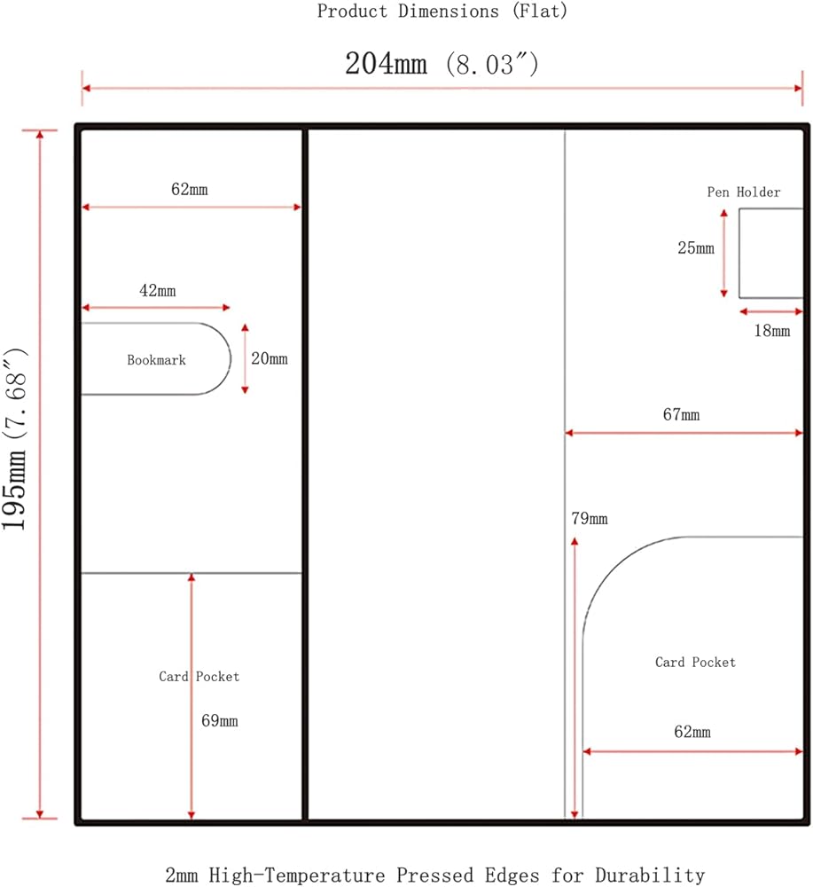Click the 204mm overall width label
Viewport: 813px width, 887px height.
pyautogui.click(x=387, y=63)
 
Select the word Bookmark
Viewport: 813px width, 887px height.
pyautogui.click(x=156, y=360)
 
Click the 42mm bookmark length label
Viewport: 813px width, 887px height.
pyautogui.click(x=158, y=291)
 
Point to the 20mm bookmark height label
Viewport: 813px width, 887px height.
pyautogui.click(x=270, y=358)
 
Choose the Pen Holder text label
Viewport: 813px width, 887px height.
pyautogui.click(x=744, y=192)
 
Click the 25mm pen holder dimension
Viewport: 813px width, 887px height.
pyautogui.click(x=696, y=247)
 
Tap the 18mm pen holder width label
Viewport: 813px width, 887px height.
pyautogui.click(x=771, y=330)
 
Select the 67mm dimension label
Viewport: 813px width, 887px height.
pyautogui.click(x=681, y=414)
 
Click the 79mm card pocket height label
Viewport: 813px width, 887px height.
pyautogui.click(x=590, y=518)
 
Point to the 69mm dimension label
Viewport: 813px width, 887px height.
pyautogui.click(x=219, y=720)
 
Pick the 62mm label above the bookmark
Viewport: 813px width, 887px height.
pyautogui.click(x=190, y=189)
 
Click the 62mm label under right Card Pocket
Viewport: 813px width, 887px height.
pyautogui.click(x=692, y=732)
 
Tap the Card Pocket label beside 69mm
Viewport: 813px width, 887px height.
pyautogui.click(x=199, y=677)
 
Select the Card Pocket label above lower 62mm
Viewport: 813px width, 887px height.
pyautogui.click(x=695, y=663)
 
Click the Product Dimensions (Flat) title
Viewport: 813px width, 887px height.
pyautogui.click(x=442, y=11)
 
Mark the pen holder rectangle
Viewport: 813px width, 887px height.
pyautogui.click(x=739, y=253)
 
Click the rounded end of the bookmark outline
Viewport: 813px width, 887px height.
pyautogui.click(x=231, y=358)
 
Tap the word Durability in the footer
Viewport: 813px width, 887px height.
pyautogui.click(x=650, y=875)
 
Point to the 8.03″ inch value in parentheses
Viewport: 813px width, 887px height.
pyautogui.click(x=492, y=64)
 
